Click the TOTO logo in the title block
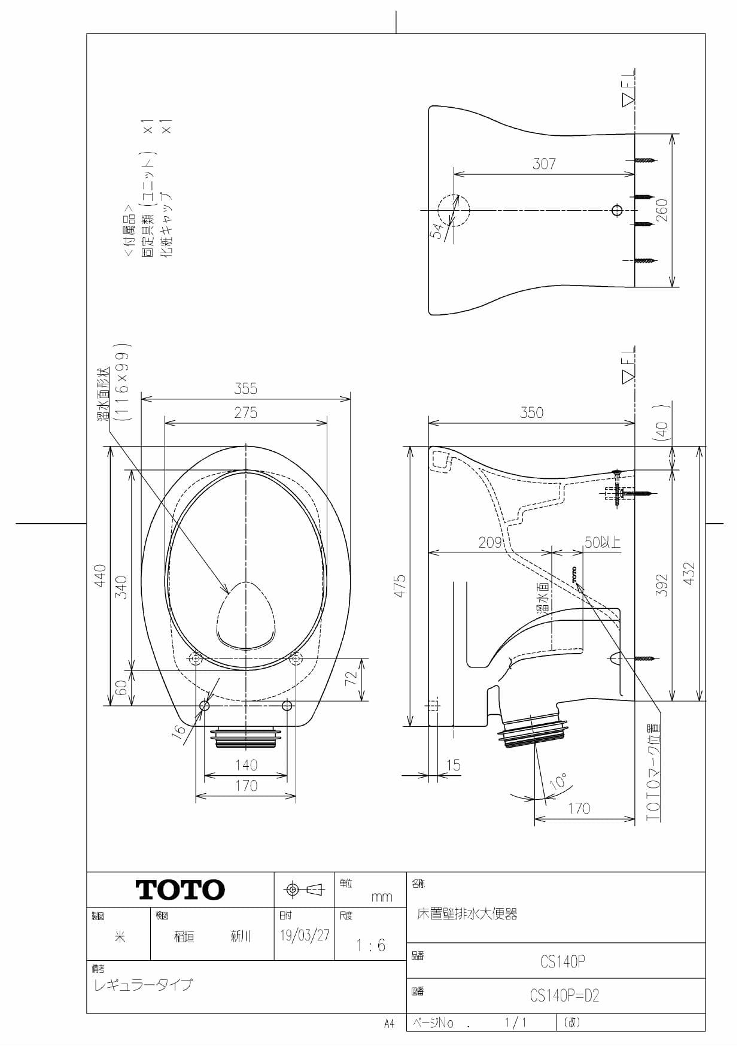click(180, 890)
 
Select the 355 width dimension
click(245, 389)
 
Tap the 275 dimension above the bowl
click(245, 413)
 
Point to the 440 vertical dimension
click(100, 575)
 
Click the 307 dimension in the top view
click(544, 164)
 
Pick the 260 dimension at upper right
click(662, 210)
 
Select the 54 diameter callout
click(438, 230)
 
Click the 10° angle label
click(558, 782)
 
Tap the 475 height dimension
click(400, 586)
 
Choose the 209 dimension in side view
click(489, 542)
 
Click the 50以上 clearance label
click(602, 542)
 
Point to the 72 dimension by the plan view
click(351, 679)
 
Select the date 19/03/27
click(305, 935)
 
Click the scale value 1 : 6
click(370, 945)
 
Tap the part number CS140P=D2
click(564, 996)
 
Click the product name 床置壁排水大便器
click(467, 914)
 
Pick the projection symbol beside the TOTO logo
click(304, 890)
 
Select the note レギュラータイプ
click(143, 984)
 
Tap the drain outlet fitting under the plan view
click(245, 738)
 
